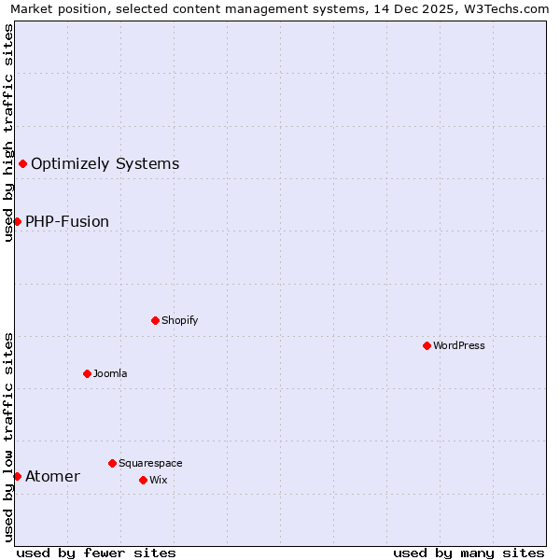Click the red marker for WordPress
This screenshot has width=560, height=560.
[427, 345]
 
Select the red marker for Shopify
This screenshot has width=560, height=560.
[155, 320]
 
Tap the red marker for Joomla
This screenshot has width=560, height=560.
[87, 373]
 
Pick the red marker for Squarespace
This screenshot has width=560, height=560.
[112, 463]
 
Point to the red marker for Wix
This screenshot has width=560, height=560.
[143, 480]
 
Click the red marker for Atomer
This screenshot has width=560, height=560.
[17, 476]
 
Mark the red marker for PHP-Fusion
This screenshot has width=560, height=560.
[17, 221]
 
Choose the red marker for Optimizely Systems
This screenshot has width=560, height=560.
[22, 164]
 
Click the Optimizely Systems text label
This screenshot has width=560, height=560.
[105, 164]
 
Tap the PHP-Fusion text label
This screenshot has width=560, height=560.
[67, 221]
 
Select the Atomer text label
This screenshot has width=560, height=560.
[52, 477]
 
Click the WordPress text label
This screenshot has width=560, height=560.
[459, 345]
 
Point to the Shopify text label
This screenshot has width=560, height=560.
[179, 320]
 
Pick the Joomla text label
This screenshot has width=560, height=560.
[110, 373]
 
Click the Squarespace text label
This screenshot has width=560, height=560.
[150, 463]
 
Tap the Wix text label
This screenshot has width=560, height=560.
[158, 480]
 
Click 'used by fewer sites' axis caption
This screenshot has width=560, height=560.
[96, 553]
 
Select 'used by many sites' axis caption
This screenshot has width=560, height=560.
[469, 553]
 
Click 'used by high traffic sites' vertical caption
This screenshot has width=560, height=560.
[9, 133]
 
